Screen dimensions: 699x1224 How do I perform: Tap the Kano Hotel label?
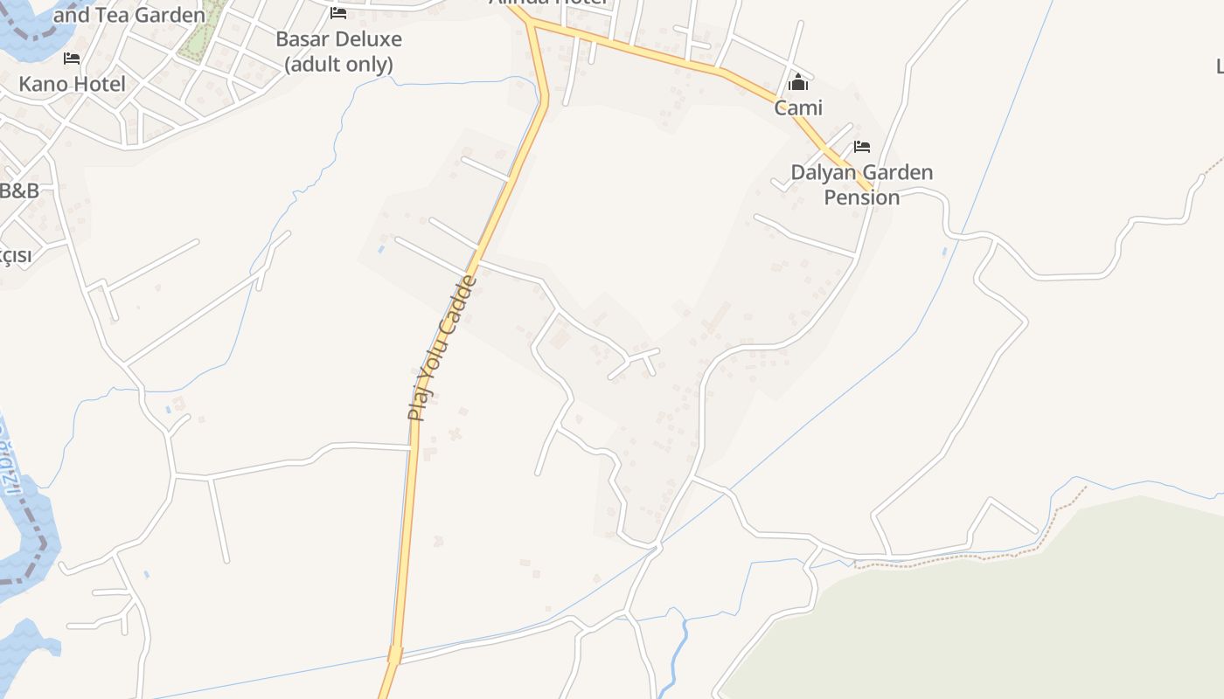[73, 85]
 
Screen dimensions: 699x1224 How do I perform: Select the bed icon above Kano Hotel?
[72, 59]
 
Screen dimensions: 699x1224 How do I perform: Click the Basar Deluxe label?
[338, 40]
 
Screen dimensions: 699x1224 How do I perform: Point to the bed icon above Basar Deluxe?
[338, 13]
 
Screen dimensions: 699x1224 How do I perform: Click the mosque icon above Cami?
[797, 83]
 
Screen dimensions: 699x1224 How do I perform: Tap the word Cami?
[798, 107]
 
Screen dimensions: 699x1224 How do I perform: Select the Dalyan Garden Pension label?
[862, 184]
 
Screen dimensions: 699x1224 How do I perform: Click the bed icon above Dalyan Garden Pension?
[862, 146]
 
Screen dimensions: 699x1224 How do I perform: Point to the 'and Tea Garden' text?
[129, 15]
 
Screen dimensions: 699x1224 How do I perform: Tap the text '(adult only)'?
[338, 65]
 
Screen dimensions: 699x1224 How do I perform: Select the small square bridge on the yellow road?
[395, 654]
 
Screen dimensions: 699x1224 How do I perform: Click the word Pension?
[862, 197]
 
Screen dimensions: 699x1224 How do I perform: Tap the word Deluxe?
[366, 40]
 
